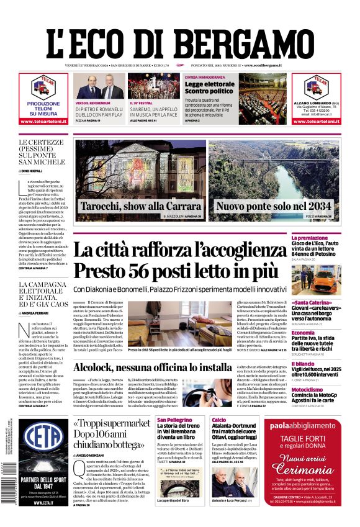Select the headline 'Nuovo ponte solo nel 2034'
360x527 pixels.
pyautogui.click(x=274, y=205)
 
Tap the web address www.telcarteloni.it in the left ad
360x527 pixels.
pyautogui.click(x=44, y=121)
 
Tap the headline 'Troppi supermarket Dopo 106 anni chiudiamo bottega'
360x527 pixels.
pyautogui.click(x=112, y=434)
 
